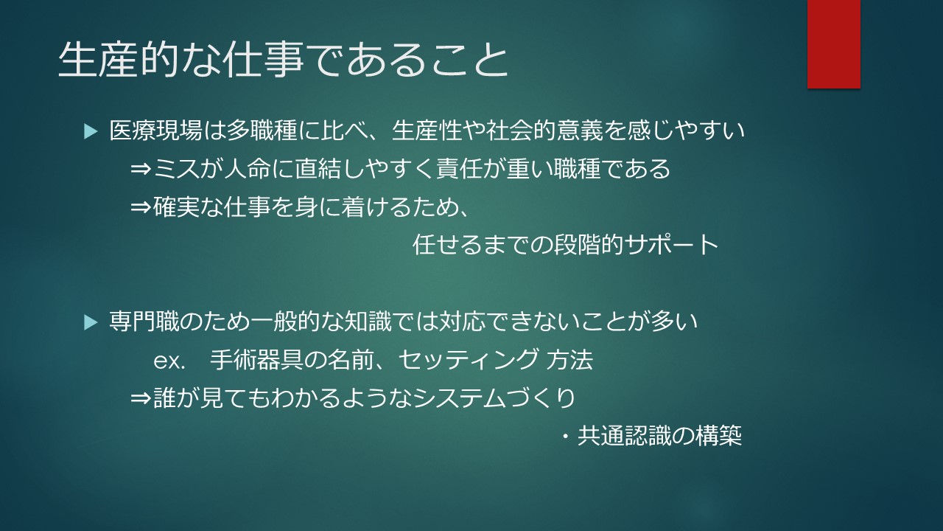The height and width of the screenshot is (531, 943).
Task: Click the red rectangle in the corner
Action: click(x=833, y=44)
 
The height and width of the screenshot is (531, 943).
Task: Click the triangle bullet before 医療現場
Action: click(x=91, y=131)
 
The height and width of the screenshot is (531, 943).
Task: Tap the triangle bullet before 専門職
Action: click(x=91, y=322)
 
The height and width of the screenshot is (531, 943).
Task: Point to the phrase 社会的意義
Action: click(x=544, y=131)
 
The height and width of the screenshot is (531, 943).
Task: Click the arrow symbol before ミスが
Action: click(x=141, y=170)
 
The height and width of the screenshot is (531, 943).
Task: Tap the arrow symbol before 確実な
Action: click(x=141, y=207)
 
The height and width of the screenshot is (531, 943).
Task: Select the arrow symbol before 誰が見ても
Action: click(x=141, y=398)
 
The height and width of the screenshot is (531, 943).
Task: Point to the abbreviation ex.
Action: click(x=169, y=361)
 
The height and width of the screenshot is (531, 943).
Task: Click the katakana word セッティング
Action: click(x=468, y=360)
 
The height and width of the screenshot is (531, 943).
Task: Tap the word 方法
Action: click(x=569, y=360)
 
